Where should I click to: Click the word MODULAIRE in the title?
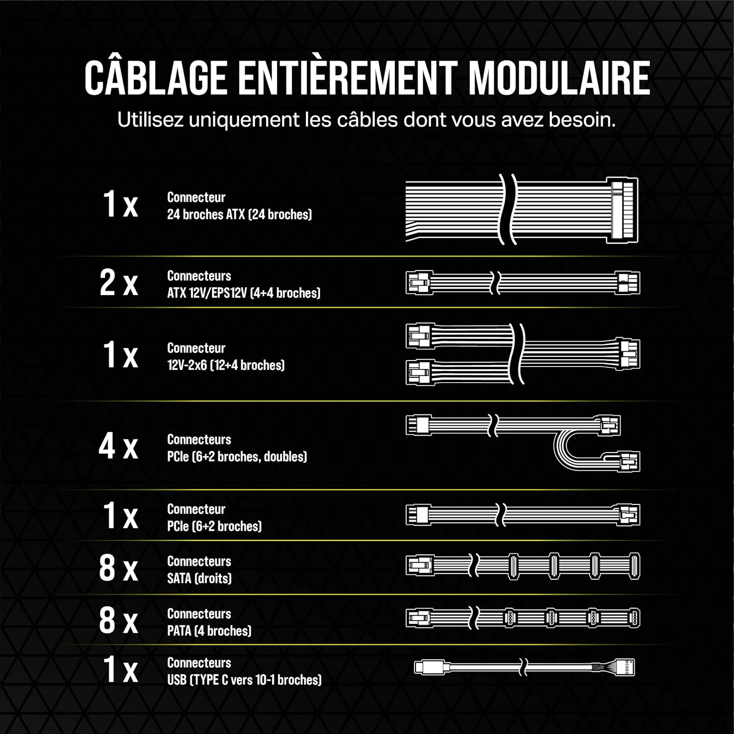click(559, 78)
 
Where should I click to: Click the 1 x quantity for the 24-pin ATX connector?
click(120, 204)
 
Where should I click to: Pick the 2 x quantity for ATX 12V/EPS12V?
click(119, 283)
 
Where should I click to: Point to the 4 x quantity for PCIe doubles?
click(118, 446)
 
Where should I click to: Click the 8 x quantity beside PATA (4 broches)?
click(118, 620)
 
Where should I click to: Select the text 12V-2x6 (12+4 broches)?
click(226, 365)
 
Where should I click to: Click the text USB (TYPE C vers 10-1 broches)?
click(244, 680)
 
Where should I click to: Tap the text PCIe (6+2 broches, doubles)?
click(237, 457)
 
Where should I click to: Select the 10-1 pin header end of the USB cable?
click(626, 667)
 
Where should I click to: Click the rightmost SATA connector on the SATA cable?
click(634, 566)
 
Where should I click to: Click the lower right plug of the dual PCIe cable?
click(629, 461)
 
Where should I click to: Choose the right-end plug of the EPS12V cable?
click(628, 283)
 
